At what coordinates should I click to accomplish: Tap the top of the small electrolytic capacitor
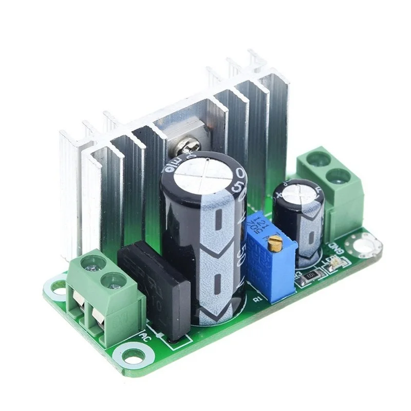click(x=297, y=193)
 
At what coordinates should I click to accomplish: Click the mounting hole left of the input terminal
click(x=58, y=290)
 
